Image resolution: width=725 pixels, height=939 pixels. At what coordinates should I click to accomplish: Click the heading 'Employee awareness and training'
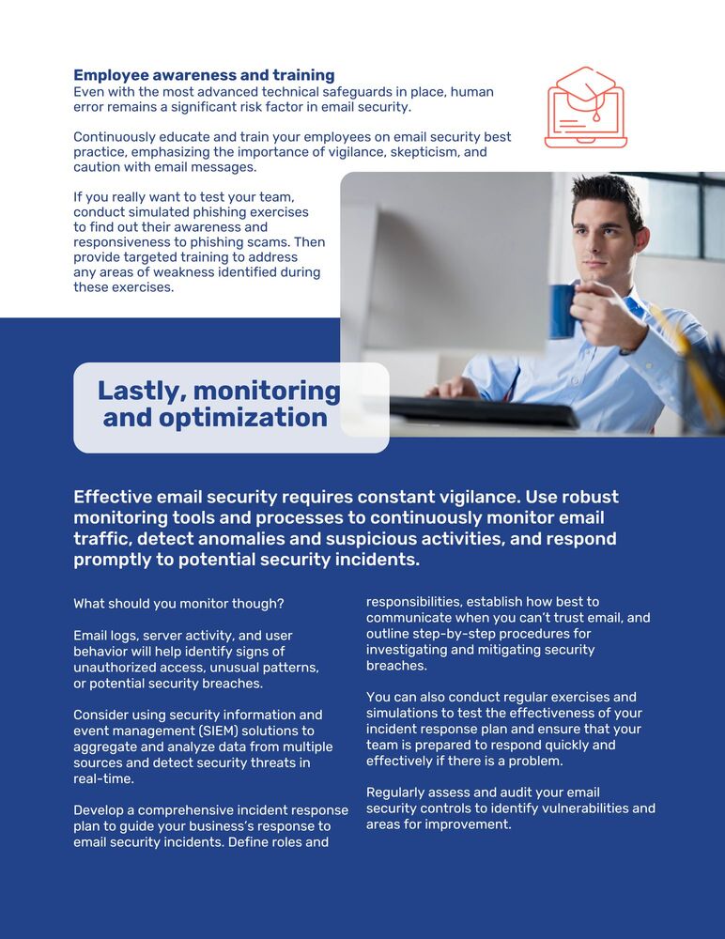pyautogui.click(x=204, y=75)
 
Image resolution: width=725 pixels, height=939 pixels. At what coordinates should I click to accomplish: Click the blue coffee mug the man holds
pyautogui.click(x=563, y=311)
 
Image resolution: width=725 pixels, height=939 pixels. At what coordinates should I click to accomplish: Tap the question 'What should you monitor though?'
pyautogui.click(x=178, y=604)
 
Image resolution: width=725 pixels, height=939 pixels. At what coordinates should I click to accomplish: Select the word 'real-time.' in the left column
pyautogui.click(x=103, y=778)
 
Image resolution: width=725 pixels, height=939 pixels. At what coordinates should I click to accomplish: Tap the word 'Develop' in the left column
pyautogui.click(x=100, y=810)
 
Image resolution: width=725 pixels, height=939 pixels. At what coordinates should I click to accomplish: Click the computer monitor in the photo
pyautogui.click(x=441, y=263)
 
